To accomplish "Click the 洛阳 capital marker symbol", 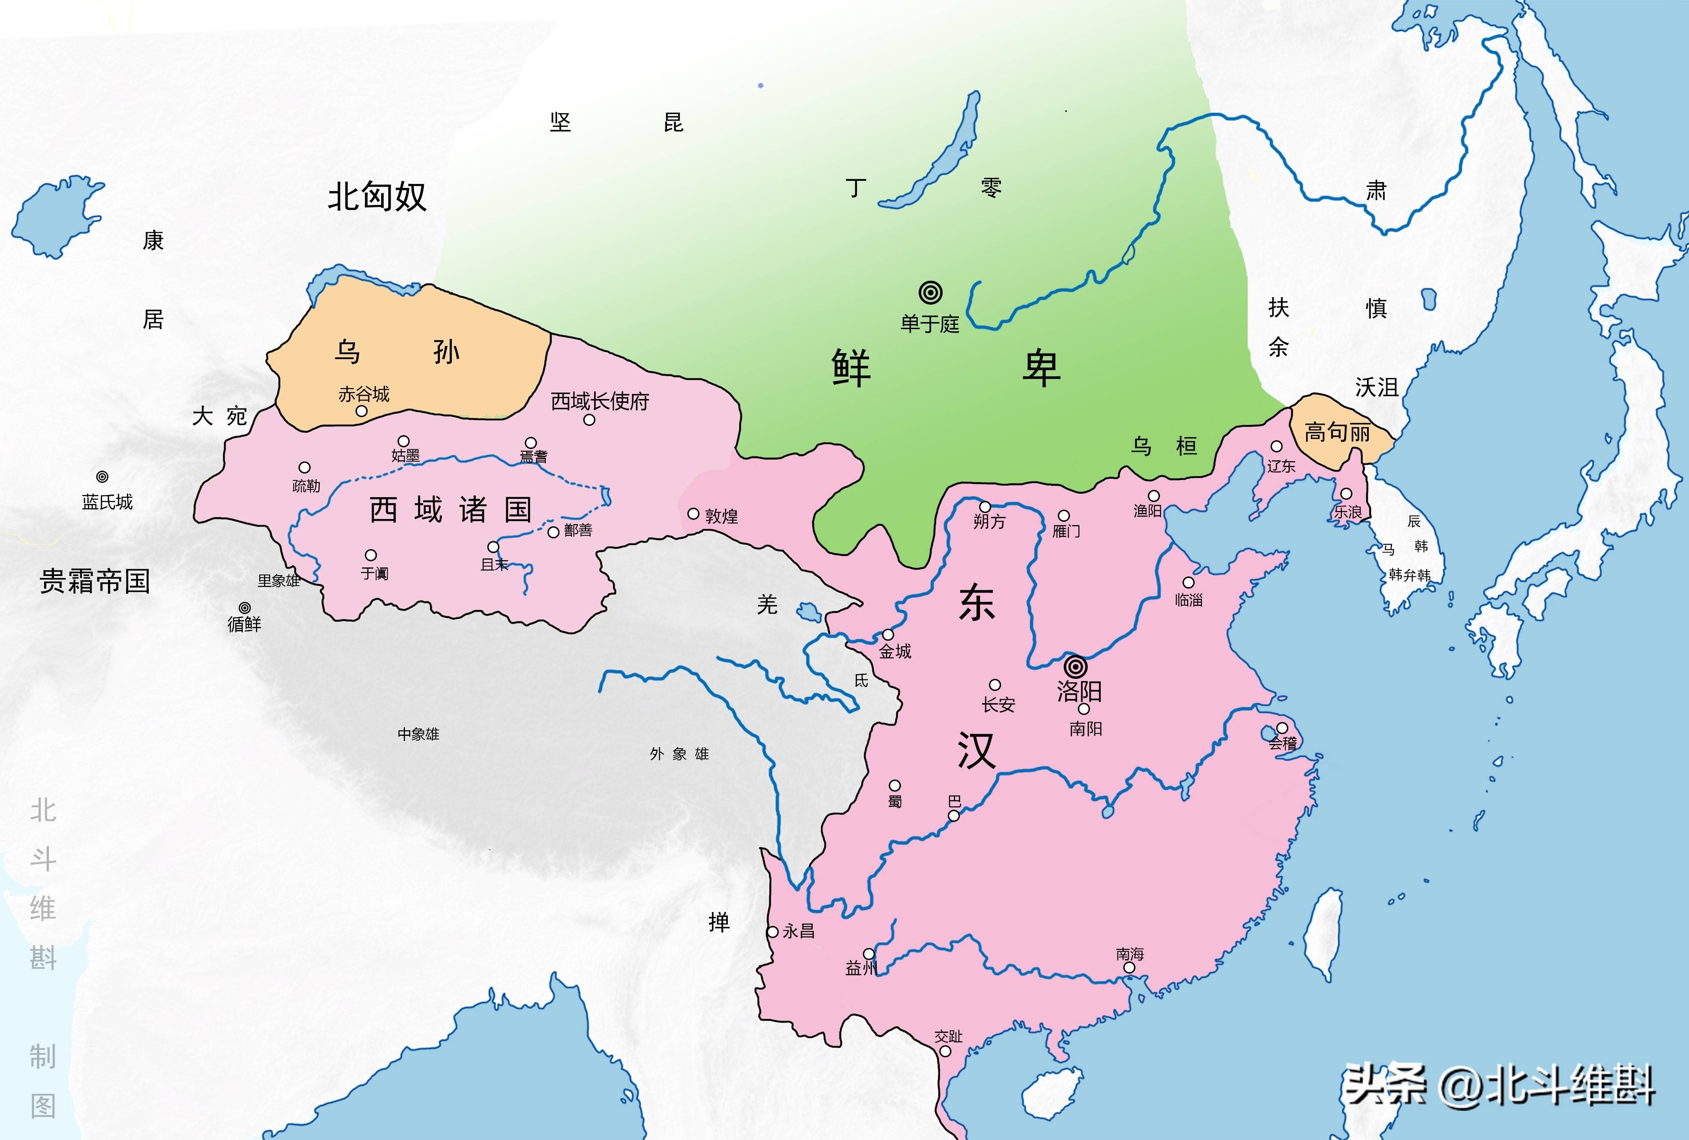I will click(1076, 666).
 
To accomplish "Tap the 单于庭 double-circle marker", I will click(930, 292).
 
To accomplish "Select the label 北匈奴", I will click(376, 196).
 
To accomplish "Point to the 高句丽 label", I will click(1337, 433).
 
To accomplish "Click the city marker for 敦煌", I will click(693, 514).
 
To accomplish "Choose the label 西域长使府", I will click(600, 401).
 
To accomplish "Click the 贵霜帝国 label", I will click(94, 581).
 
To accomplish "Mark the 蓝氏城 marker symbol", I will click(102, 477).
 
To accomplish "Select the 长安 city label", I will click(998, 704).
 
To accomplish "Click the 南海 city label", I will click(1130, 953).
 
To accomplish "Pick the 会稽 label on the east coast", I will click(1283, 743).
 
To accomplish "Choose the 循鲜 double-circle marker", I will click(245, 607).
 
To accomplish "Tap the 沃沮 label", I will click(1376, 387).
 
